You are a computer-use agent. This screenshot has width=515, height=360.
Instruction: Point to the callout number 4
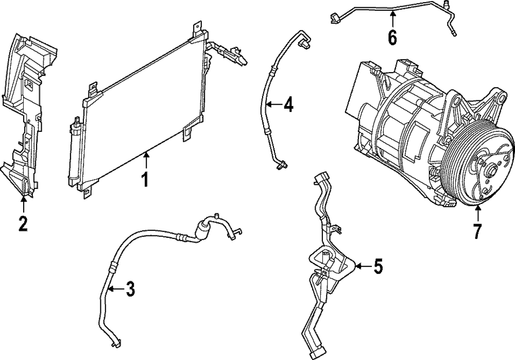coord(288,106)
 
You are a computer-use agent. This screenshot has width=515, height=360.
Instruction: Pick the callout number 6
coord(392,38)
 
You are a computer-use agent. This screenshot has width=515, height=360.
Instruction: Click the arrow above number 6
coord(392,20)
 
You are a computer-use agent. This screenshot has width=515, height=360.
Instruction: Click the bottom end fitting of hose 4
coord(281,165)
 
